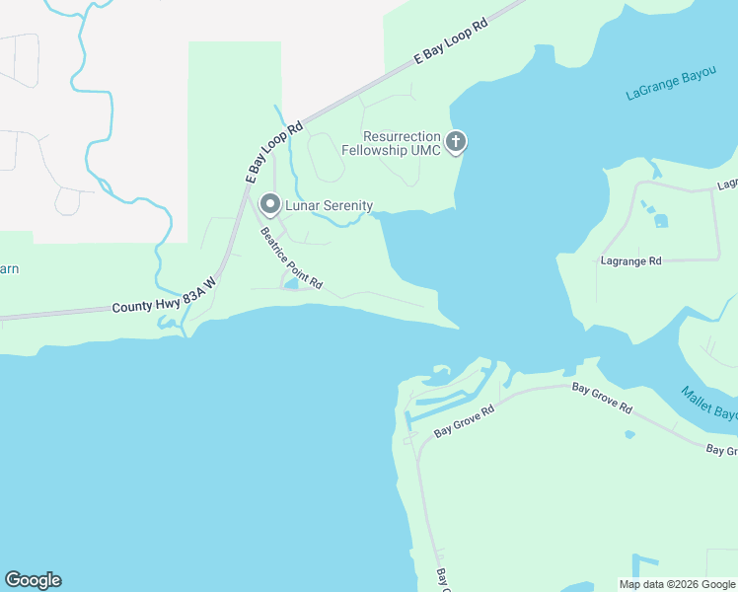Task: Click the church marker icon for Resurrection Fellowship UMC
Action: point(456,142)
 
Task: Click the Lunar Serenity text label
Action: point(329,205)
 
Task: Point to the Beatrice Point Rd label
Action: point(291,259)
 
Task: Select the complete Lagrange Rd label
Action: point(630,261)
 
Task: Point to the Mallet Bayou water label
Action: point(708,403)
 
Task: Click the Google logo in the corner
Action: point(33,580)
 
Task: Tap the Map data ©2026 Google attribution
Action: point(678,584)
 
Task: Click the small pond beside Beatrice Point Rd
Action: point(292,286)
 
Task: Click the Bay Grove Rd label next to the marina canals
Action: point(463,423)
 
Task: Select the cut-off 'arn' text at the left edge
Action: point(9,268)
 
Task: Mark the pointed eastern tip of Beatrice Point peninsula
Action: point(456,327)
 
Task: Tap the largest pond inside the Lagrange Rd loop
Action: point(660,220)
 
